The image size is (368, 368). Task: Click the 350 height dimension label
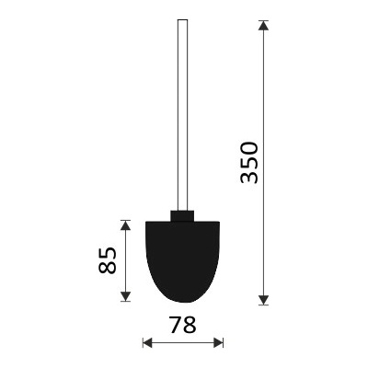click(x=249, y=162)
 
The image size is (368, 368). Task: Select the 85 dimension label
click(x=108, y=260)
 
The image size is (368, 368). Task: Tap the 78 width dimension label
click(x=183, y=325)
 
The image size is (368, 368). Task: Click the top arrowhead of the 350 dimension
click(x=263, y=25)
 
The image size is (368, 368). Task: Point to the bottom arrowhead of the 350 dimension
click(x=263, y=300)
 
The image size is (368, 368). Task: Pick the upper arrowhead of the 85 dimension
click(x=125, y=225)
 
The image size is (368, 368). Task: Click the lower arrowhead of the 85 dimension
click(x=125, y=296)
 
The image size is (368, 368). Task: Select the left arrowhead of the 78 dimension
click(x=147, y=342)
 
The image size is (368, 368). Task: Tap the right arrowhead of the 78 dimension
click(x=218, y=342)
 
